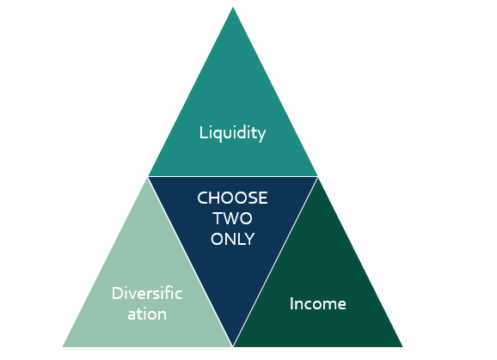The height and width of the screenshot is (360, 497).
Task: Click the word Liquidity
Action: point(232,133)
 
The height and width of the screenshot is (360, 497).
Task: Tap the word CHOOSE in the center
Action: point(232,198)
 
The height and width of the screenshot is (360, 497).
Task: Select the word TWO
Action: point(232,218)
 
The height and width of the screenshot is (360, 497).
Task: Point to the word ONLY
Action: point(232,239)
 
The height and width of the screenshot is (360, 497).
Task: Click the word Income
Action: point(317,303)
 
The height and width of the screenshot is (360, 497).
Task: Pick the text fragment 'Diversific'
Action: point(147,293)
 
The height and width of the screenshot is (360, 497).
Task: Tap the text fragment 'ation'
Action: point(147,314)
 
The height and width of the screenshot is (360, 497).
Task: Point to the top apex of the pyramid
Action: point(233,7)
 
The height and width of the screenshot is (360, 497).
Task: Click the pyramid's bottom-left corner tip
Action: point(63,347)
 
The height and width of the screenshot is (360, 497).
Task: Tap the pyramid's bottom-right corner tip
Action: point(402,347)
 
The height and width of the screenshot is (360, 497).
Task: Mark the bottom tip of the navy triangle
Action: point(233,345)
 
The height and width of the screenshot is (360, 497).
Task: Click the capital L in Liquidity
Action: point(203,132)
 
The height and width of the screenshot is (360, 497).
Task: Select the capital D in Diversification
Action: point(118,293)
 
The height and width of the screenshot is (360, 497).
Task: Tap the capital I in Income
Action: point(291,303)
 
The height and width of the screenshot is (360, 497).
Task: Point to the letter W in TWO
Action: point(231,218)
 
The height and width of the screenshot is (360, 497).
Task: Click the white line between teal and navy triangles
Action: point(233,176)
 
